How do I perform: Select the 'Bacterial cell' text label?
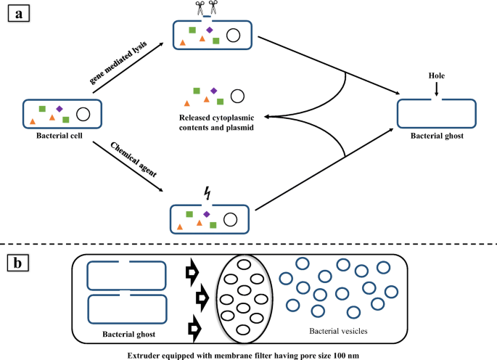(x=62, y=134)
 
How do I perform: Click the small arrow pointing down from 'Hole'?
(x=437, y=89)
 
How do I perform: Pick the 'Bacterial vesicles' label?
(x=339, y=331)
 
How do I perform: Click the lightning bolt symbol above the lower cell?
(x=209, y=192)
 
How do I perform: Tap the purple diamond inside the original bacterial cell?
(x=59, y=108)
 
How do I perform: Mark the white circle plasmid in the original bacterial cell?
(x=83, y=113)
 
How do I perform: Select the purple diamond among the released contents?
(x=213, y=90)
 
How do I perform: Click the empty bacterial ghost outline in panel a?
(x=437, y=112)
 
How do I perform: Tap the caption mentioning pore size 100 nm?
(x=247, y=353)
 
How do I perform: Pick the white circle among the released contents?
(x=237, y=95)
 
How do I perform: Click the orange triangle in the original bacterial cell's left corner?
(x=33, y=120)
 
